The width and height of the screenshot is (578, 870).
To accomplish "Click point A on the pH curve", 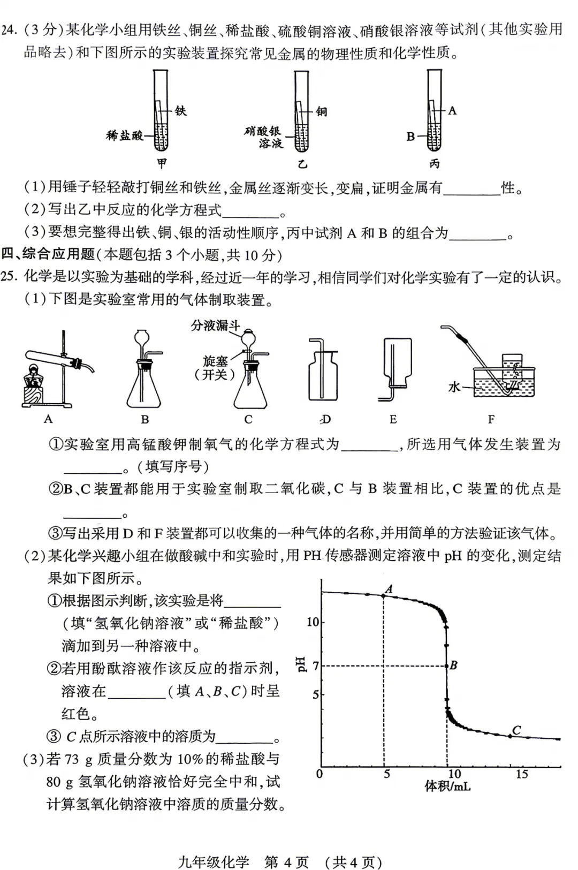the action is pos(384,595).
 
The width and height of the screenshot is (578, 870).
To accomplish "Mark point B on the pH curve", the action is pos(447,666).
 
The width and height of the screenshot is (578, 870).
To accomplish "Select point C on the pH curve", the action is pos(510,736).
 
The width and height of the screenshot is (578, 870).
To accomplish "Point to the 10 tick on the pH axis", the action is pos(313,622).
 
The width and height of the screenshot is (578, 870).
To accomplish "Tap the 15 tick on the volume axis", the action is pos(521,774).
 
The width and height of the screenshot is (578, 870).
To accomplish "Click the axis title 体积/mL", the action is pos(447,786).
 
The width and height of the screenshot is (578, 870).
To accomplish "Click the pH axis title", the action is pos(301,664).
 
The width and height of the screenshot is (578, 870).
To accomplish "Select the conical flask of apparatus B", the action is pos(144,388).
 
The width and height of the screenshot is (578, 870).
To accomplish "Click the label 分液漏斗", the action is pos(215,326).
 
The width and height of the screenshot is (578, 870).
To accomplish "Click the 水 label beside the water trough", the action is pos(454,387).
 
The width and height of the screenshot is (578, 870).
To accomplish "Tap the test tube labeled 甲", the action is pos(161,112).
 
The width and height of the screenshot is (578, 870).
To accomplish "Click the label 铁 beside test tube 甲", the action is pos(180,111).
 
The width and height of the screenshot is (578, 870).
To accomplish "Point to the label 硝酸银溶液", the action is pos(263,137).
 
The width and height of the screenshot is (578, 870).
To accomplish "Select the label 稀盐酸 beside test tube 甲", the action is pos(125,135).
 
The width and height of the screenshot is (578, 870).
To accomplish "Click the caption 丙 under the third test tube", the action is pos(434,163).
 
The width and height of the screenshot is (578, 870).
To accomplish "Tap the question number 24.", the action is pos(9,29).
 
